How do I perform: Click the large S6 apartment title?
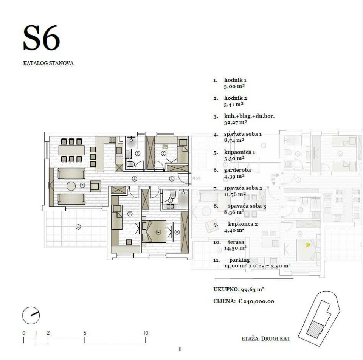[42, 38]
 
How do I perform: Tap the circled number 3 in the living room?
[82, 185]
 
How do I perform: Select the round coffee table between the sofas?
[71, 186]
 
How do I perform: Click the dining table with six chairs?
[71, 150]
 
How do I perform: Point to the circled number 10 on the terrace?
[78, 227]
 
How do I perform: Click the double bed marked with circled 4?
[156, 231]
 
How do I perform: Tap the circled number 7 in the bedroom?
[130, 214]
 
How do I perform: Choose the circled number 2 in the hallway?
[134, 179]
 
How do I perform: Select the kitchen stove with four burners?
[112, 140]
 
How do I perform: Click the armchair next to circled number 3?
[96, 186]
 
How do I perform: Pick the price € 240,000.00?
[256, 301]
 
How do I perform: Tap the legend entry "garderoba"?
[237, 170]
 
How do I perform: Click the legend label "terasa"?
[236, 242]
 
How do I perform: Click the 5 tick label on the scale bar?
[85, 333]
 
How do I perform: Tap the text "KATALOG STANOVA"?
[48, 63]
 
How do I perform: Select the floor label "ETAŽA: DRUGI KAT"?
[266, 338]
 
